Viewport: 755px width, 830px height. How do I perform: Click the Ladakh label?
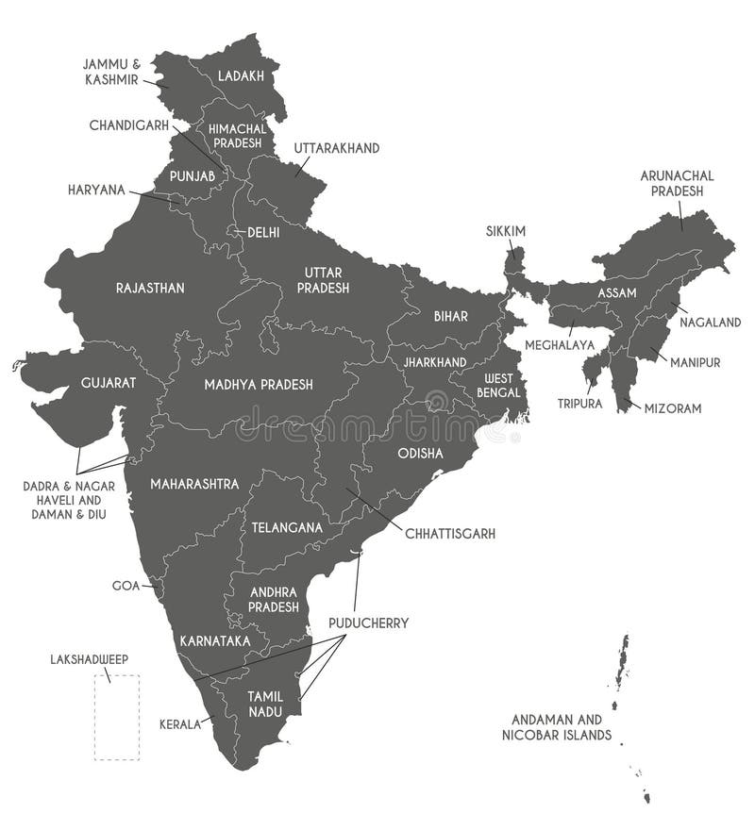point(242,75)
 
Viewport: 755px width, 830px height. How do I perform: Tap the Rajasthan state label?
point(150,288)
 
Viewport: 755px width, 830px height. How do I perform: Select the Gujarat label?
point(109,383)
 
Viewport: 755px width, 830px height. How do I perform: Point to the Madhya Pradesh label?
point(259,385)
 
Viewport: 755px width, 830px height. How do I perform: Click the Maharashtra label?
point(194,484)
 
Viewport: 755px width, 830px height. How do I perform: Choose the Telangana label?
point(287,527)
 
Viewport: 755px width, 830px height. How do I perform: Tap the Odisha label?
point(420,453)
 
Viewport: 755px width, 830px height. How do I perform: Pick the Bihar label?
point(451,316)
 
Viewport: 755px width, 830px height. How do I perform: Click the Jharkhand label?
point(434,362)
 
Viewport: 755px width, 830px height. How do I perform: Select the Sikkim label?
point(506,231)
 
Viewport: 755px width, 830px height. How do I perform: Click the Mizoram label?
point(673,408)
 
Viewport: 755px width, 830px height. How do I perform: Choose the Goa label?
point(126,586)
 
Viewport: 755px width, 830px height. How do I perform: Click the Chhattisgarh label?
point(450,534)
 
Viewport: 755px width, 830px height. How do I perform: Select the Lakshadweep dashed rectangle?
point(116,717)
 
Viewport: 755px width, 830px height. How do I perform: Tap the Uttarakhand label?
point(336,149)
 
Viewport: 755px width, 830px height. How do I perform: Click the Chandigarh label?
point(129,124)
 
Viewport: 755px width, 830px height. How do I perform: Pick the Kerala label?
point(180,724)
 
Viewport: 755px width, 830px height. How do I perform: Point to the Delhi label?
point(263,232)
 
